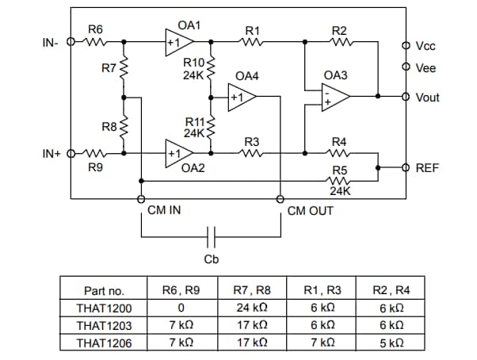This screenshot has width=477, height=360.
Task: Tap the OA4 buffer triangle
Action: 241,98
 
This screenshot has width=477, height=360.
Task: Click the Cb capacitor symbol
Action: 211,236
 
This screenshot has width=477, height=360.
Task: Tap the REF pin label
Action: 426,168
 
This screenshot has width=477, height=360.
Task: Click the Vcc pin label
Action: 425,47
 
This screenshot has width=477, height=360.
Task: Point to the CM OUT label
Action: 310,211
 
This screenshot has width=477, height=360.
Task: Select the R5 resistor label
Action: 339,170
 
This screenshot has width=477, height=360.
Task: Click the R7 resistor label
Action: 109,69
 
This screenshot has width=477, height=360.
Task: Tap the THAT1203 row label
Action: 105,325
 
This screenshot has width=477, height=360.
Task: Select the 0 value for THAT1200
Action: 182,308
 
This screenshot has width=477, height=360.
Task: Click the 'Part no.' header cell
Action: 105,290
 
